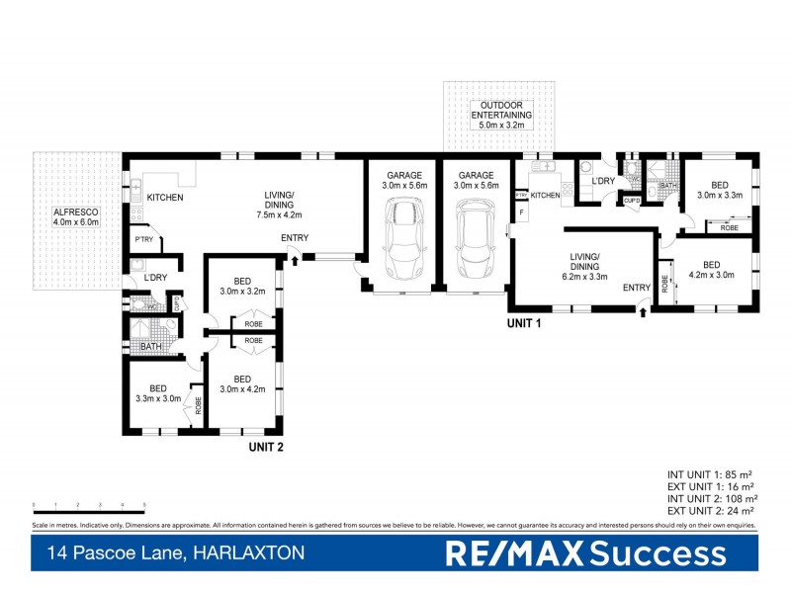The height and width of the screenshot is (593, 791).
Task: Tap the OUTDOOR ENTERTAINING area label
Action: [505, 115]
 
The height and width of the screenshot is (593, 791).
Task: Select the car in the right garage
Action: [474, 237]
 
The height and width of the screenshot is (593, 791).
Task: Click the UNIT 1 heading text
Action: [524, 323]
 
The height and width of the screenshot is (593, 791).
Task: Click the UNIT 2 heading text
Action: [266, 447]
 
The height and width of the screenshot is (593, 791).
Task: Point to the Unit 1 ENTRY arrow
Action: [644, 311]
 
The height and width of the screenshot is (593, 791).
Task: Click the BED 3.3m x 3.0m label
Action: [157, 393]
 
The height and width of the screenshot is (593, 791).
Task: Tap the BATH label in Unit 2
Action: [151, 347]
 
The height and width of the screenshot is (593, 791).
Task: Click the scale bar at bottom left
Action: [89, 505]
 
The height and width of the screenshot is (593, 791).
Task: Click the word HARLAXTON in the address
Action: [246, 554]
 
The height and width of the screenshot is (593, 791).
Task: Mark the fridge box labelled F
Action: [521, 211]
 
